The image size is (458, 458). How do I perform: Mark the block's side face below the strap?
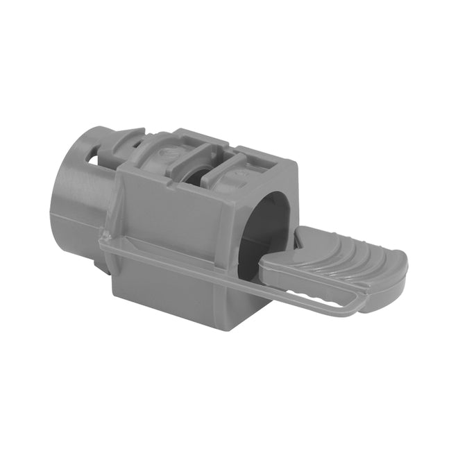tap(173, 291)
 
